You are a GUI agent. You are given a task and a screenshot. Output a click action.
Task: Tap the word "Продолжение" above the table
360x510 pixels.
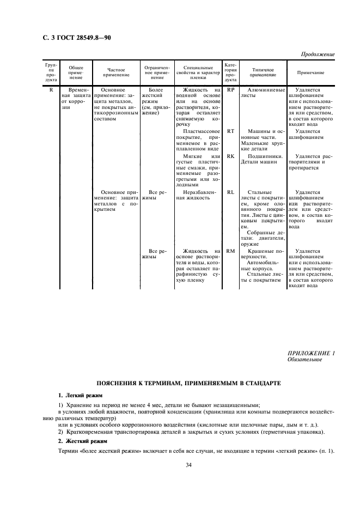[x=316, y=54]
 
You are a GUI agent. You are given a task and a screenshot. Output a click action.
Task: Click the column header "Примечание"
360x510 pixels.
[x=310, y=72]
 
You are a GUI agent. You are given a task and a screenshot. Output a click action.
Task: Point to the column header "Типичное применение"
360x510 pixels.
[x=264, y=72]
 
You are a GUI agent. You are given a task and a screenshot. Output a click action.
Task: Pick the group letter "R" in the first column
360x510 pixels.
[x=51, y=89]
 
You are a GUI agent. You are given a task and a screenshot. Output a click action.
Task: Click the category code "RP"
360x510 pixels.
[x=230, y=89]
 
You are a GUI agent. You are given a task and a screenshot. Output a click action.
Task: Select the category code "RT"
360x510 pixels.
[x=230, y=131]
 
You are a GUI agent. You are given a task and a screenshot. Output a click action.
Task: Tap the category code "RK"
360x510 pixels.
[x=230, y=155]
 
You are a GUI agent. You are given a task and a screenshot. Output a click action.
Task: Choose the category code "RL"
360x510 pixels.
[x=230, y=192]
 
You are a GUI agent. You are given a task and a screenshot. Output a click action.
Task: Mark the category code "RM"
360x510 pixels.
[x=230, y=251]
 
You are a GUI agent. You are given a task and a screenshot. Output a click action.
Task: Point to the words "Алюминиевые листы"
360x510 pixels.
[x=264, y=92]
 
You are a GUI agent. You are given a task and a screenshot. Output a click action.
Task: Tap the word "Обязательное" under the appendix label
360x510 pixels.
[x=304, y=360]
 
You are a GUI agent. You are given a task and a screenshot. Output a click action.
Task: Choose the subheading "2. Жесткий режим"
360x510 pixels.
[x=82, y=440]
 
